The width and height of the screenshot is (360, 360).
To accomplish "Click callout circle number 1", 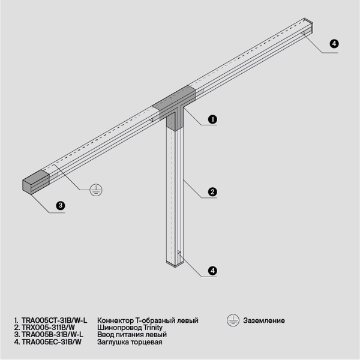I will pos(212,119).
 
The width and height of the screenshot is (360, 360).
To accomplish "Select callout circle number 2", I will pos(212,193).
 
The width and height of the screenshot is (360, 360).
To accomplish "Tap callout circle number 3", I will pos(60,206).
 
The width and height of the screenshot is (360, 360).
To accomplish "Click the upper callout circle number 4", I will pos(334,44).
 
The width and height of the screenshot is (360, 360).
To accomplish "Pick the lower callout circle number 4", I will pos(212,271).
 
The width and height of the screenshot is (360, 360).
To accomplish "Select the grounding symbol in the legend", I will pos(233,320).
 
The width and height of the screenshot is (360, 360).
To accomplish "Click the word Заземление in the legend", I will pos(264,321).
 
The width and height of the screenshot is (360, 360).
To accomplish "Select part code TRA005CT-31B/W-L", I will pos(55,321).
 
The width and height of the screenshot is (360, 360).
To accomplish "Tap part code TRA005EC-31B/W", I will pos(51,342).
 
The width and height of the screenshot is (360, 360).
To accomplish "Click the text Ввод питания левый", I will pos(132,335).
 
